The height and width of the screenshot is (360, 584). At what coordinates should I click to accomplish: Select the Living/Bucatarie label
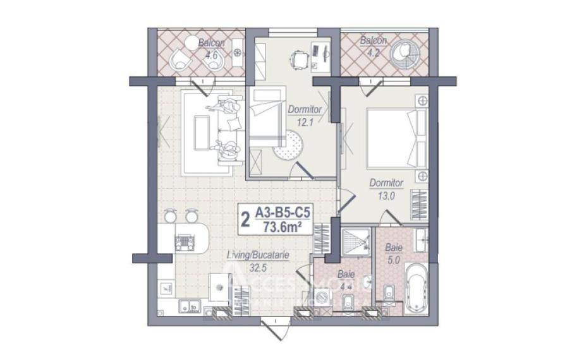click(x=258, y=261)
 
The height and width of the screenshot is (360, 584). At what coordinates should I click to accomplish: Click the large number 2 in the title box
click(x=245, y=220)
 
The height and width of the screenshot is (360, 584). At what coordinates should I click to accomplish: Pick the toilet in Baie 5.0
click(x=387, y=293)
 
